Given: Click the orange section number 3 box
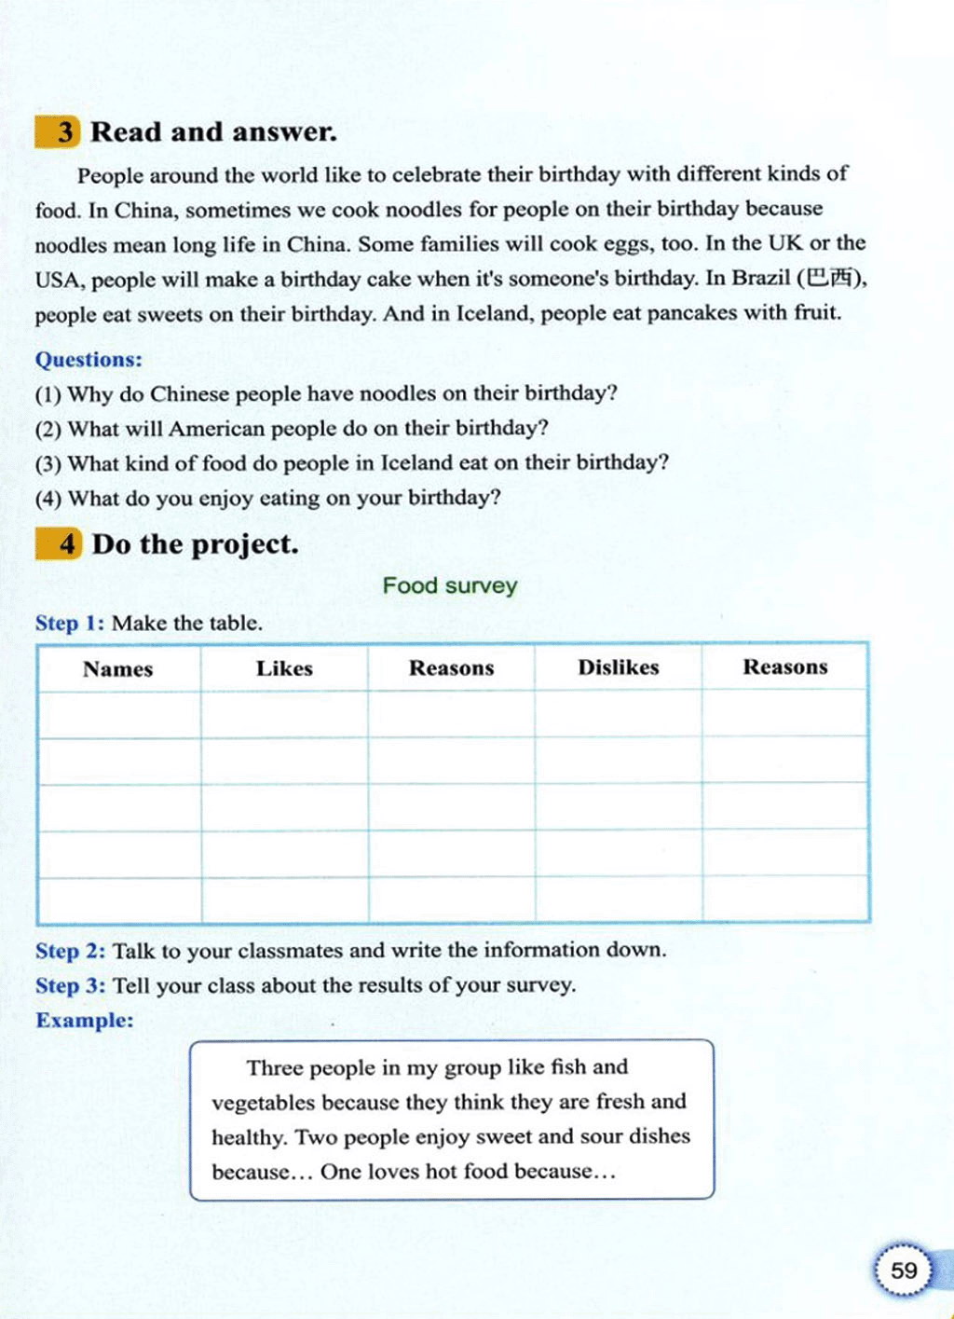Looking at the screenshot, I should coord(58,131).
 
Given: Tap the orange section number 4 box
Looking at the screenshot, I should coord(59,543).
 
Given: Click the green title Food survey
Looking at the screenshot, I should coord(450,585).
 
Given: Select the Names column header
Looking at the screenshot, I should coord(117,668).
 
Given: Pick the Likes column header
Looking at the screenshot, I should coord(284,668).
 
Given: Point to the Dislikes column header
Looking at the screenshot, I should coord(618,667).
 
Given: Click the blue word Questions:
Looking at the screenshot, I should coord(89,360).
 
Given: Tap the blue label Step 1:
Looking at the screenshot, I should coord(70,623).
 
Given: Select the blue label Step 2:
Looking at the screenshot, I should coord(71,951).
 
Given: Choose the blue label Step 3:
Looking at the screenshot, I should coord(71,985).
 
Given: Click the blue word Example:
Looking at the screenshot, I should coord(85,1020).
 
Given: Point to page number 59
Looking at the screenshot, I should coord(903,1271).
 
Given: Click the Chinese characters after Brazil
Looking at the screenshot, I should coord(829,278).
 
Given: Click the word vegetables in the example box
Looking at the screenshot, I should coord(264,1103).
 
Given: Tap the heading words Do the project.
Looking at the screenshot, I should coord(196,543).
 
